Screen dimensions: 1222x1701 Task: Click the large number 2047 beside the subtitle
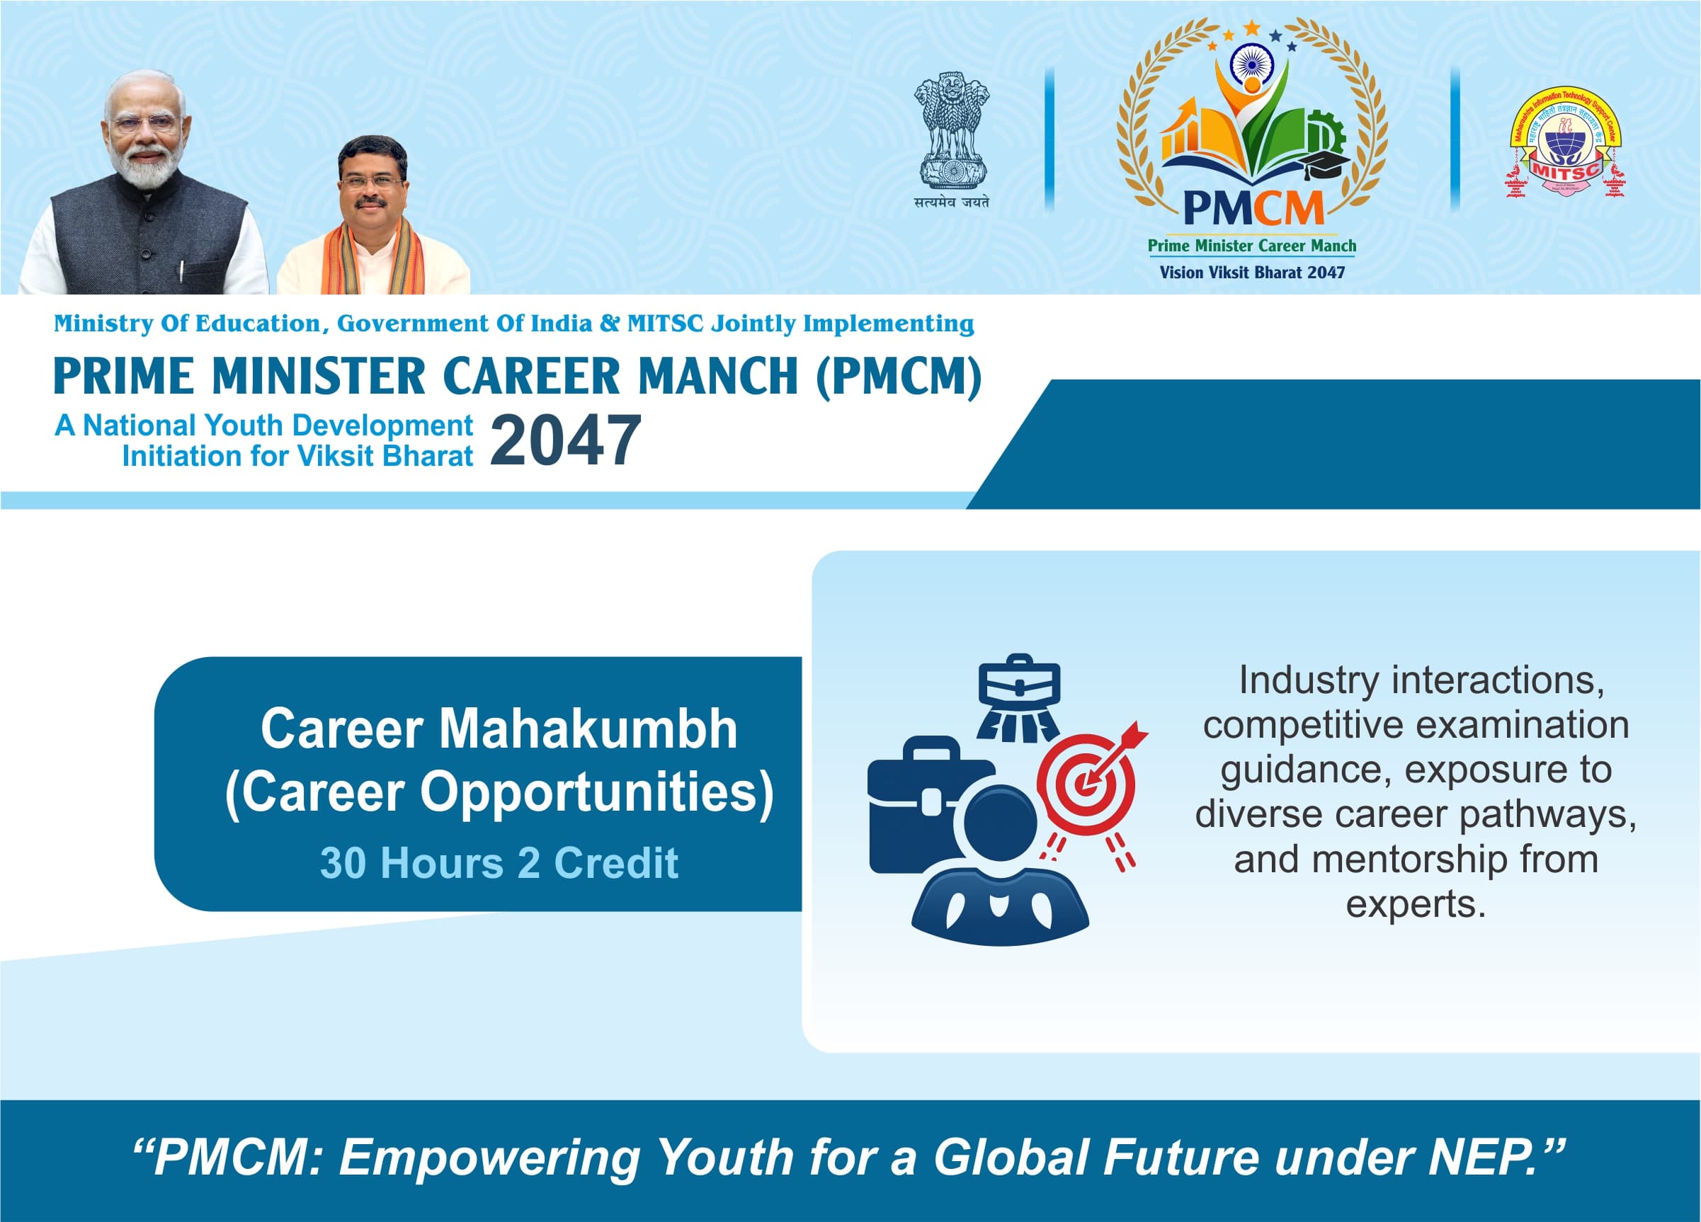566,441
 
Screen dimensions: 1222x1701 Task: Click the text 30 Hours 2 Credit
499,863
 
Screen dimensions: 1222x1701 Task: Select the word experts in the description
1415,904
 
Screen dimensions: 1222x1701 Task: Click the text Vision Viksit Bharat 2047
1252,272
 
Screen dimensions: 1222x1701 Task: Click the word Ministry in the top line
103,323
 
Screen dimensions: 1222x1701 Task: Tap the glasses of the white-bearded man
144,122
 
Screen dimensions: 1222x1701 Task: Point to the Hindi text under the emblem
951,202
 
